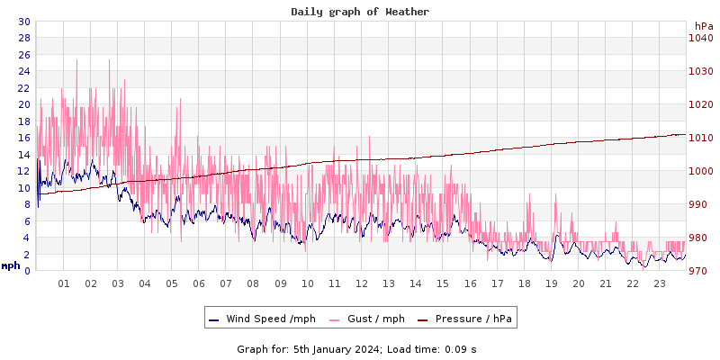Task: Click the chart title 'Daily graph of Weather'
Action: coord(360,12)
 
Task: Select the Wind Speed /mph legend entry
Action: coord(262,319)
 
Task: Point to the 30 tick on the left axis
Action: coord(24,22)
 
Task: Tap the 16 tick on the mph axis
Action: coord(24,138)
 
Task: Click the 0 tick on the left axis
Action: coord(27,271)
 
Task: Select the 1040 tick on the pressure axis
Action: coord(700,38)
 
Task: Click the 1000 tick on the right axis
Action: coord(700,171)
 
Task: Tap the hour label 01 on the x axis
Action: coord(64,284)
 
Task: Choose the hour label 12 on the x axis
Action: coord(362,284)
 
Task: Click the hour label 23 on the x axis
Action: coord(660,284)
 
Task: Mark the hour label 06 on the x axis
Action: coord(199,284)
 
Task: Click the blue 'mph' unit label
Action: coord(11,266)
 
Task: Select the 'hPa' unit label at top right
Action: coord(703,26)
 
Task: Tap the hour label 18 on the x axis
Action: coord(524,284)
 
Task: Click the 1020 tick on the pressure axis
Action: coord(700,104)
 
